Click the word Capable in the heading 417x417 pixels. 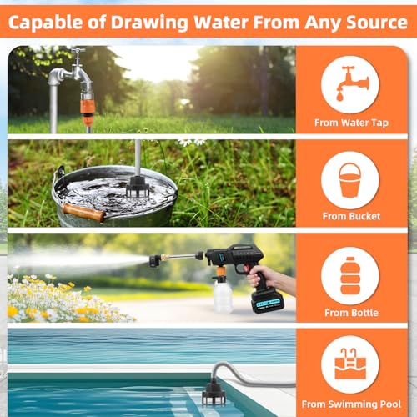45,23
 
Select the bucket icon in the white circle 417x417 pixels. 350,179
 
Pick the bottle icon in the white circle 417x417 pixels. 350,275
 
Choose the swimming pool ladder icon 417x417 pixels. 350,364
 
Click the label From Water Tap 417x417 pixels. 351,123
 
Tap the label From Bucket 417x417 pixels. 351,216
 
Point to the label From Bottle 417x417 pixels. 351,313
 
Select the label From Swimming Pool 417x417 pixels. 351,404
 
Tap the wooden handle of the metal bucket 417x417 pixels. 83,213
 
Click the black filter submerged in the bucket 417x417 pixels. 138,187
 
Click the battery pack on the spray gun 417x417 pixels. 267,302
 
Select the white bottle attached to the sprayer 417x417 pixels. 223,296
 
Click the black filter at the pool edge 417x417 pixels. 214,394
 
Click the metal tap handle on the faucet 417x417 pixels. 78,51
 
